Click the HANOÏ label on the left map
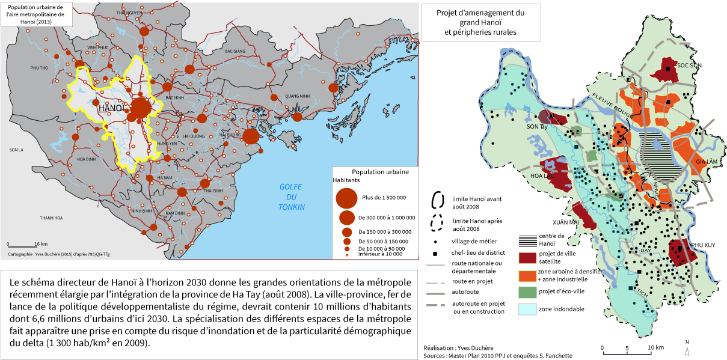point(111,108)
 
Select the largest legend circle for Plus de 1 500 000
point(346,198)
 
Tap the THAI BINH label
point(214,190)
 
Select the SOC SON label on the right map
point(690,64)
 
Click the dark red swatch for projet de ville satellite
point(527,258)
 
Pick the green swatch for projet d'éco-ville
point(527,292)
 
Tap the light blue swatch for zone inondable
point(527,310)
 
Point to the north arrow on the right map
point(687,349)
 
